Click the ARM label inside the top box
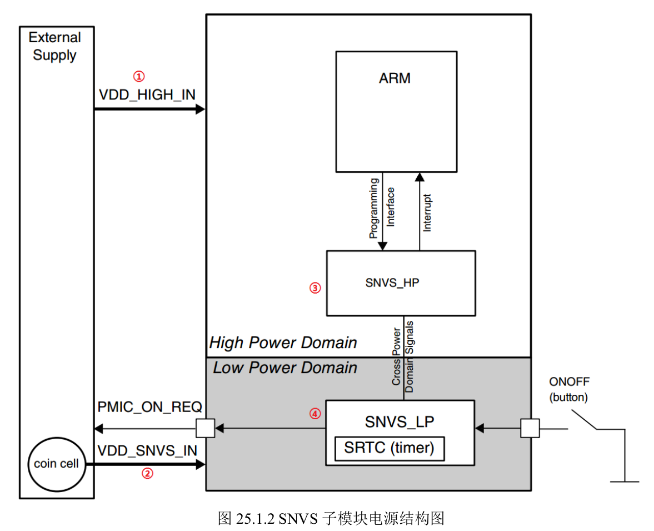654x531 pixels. click(x=395, y=78)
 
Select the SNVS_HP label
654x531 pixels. click(x=392, y=283)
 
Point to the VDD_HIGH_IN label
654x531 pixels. click(x=147, y=95)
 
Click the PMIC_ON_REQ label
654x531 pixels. click(x=149, y=406)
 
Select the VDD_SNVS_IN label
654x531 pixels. click(x=147, y=451)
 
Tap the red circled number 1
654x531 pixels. click(x=139, y=76)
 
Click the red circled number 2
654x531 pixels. click(x=147, y=473)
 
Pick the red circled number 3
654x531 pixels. click(x=315, y=288)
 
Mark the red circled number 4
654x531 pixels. click(x=315, y=414)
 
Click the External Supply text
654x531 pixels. click(x=54, y=46)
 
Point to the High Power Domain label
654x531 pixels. click(x=283, y=343)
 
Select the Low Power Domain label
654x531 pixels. click(x=285, y=368)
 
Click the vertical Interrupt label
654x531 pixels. click(x=427, y=213)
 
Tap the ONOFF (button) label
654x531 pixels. click(x=569, y=389)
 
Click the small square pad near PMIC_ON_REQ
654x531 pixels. click(x=206, y=428)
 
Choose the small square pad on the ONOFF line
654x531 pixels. click(x=530, y=428)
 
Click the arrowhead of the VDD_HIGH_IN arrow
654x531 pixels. click(x=201, y=110)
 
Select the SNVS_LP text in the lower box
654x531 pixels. click(x=400, y=422)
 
